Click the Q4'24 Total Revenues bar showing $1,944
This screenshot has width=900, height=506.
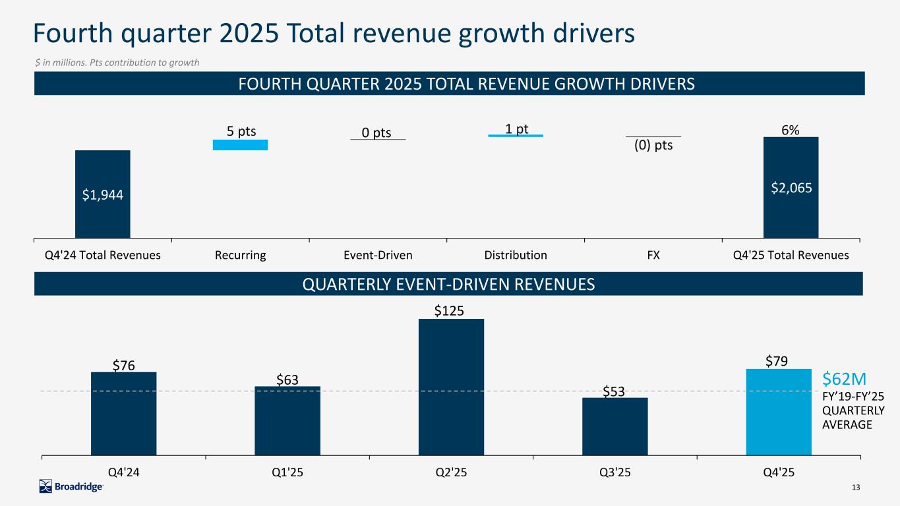tap(102, 194)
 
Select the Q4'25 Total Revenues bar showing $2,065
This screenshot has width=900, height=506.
tap(791, 187)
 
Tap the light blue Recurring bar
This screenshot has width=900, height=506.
tap(240, 145)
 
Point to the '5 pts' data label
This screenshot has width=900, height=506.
tap(241, 131)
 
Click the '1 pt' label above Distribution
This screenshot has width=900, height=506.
tap(517, 128)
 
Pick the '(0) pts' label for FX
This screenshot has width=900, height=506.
tap(653, 145)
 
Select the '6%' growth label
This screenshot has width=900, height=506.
tap(791, 130)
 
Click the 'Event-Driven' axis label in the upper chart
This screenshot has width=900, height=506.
tap(378, 255)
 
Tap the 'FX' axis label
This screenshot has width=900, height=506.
tap(653, 255)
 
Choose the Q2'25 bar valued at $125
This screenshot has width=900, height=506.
tap(451, 387)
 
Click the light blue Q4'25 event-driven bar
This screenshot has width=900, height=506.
tap(779, 412)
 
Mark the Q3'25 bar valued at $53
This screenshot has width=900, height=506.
tap(615, 426)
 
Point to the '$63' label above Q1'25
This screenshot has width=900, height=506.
tap(287, 379)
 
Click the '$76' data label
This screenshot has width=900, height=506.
tap(123, 365)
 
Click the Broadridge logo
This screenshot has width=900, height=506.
tap(71, 486)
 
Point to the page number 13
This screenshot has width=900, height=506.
tap(856, 487)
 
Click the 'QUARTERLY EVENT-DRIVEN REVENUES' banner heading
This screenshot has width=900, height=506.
tap(448, 284)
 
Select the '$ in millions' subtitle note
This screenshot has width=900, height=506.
tap(117, 62)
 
